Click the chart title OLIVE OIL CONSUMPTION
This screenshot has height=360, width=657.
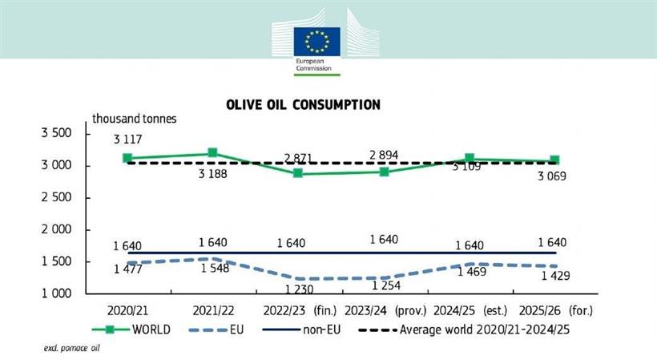pos(302,105)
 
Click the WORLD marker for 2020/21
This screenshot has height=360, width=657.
pos(127,158)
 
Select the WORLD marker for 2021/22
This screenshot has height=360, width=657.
pos(213,153)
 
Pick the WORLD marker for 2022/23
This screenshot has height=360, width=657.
pos(299,173)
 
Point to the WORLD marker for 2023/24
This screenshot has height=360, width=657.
pos(385,172)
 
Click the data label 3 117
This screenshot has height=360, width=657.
pos(127,139)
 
